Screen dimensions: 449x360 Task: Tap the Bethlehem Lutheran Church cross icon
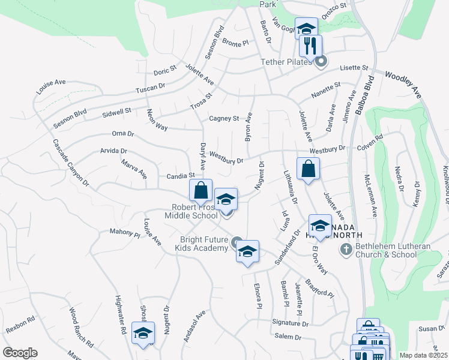346,249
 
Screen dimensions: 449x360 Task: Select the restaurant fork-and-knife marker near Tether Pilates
310,45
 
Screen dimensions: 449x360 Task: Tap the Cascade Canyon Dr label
70,161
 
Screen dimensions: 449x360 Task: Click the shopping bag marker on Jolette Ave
308,169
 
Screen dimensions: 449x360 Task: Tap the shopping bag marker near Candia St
202,190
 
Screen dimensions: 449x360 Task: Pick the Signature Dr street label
289,323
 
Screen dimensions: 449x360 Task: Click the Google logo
20,353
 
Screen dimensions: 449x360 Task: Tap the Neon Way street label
158,118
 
